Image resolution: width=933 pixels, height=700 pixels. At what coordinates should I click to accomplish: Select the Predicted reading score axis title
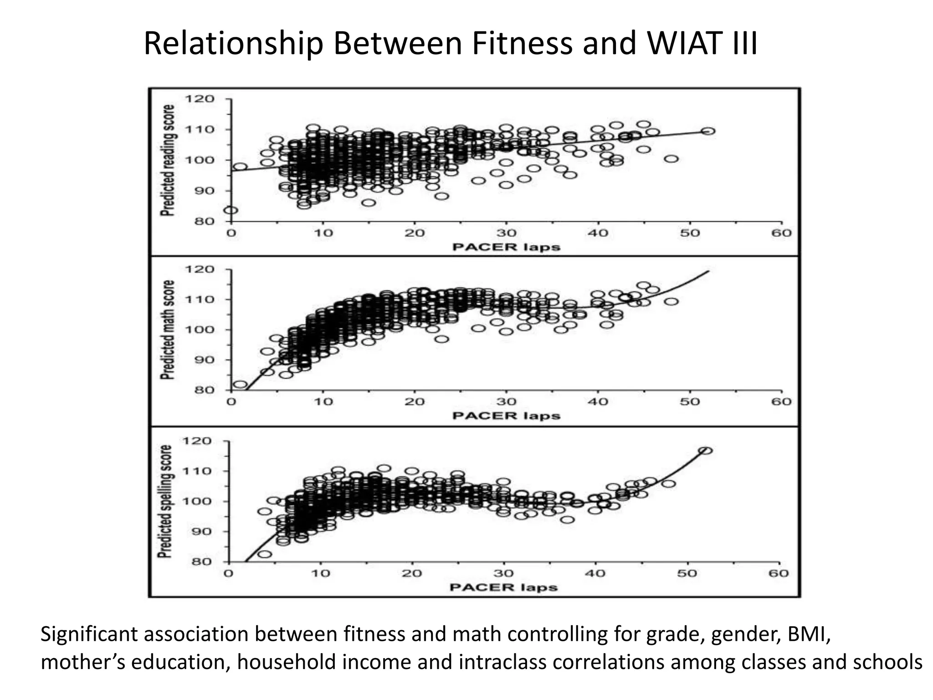168,160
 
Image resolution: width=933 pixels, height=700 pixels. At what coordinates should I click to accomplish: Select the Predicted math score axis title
168,329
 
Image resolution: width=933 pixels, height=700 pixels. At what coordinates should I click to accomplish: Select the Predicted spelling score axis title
165,501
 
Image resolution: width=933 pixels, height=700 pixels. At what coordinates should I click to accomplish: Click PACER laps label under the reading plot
506,247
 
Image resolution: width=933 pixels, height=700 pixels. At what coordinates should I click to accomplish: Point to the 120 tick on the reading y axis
199,99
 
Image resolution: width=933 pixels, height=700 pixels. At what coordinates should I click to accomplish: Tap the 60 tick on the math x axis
781,401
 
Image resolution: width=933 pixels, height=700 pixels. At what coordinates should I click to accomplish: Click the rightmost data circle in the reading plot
708,131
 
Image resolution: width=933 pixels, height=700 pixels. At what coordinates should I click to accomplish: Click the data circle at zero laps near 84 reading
231,210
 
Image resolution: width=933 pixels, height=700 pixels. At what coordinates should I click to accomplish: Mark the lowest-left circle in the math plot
240,385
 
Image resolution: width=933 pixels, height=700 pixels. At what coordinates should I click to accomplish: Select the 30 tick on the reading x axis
506,233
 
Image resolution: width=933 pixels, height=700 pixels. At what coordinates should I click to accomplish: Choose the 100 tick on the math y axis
199,329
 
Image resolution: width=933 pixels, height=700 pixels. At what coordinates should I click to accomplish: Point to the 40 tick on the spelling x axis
595,573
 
